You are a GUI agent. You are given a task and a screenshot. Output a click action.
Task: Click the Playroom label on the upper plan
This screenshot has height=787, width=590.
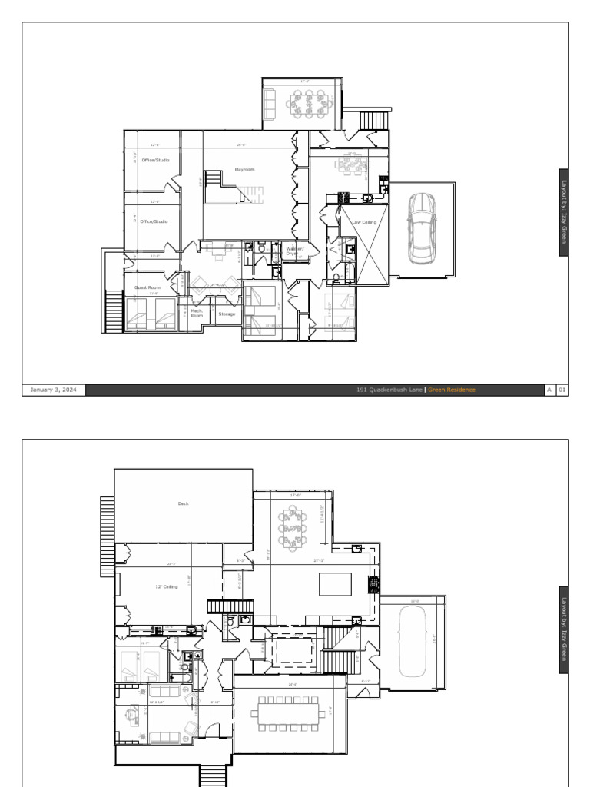pos(244,169)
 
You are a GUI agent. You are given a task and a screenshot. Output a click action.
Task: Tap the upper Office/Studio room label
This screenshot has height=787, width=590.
pos(155,160)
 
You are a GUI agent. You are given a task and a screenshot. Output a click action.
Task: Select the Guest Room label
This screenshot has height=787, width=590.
pos(147,287)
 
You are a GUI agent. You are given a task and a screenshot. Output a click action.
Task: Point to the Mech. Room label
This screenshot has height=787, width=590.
pos(197,313)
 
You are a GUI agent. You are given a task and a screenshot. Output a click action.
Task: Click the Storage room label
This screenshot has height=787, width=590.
pos(227,314)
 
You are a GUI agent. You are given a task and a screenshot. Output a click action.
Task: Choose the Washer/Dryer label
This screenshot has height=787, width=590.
pos(295,251)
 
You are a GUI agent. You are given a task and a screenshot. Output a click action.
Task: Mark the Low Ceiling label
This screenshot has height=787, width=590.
pos(364,222)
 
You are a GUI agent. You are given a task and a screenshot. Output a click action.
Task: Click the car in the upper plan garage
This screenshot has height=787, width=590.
pos(421,227)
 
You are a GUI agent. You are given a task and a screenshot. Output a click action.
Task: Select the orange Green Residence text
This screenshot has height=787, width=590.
pos(452,390)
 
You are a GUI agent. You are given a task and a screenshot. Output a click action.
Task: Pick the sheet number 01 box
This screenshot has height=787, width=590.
pos(562,390)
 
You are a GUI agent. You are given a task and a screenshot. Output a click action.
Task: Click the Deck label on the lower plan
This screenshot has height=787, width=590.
pos(183,504)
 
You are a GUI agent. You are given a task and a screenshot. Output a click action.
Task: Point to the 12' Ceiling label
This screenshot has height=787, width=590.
pos(166,586)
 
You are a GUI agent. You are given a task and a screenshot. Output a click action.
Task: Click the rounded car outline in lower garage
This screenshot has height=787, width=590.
pos(413,642)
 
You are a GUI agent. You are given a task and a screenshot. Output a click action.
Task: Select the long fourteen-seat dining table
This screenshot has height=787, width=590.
pos(287,714)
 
